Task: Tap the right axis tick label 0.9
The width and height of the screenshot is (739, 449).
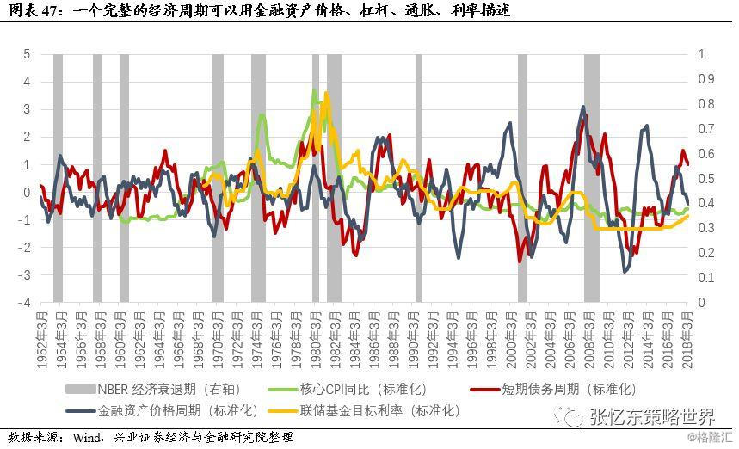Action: tap(705, 79)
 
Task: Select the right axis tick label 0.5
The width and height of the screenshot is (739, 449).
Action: tap(705, 178)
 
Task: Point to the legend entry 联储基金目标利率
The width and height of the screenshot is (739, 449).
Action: tap(379, 410)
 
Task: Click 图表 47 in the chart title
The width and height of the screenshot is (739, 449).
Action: tap(34, 10)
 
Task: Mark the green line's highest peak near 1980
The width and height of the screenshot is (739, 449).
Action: tap(314, 90)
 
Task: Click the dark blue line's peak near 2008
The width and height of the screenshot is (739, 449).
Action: tap(582, 108)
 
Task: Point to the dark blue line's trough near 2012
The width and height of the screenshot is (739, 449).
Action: tap(625, 272)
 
